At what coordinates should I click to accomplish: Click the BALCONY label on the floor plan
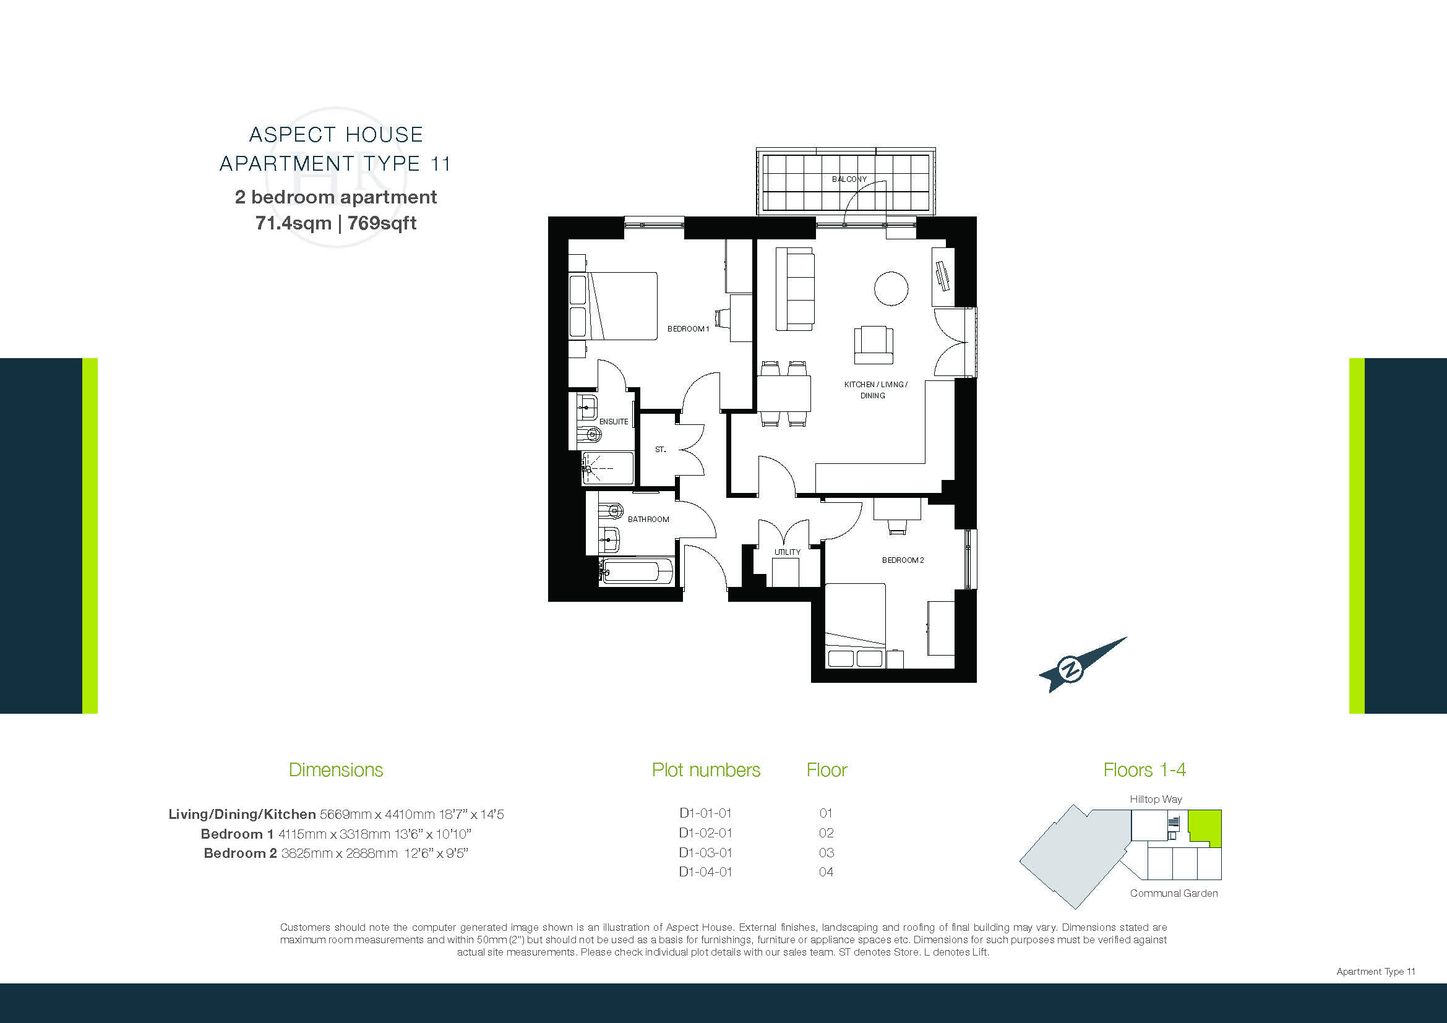tap(849, 179)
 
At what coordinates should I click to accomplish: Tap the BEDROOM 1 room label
tap(688, 329)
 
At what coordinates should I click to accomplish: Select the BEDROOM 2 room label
tap(903, 560)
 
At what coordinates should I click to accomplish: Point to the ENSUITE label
tap(613, 421)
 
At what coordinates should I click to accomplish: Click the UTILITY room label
tap(787, 552)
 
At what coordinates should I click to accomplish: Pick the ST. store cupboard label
tap(660, 450)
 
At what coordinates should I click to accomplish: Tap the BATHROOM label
tap(648, 519)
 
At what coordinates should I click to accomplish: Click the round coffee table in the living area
tap(891, 288)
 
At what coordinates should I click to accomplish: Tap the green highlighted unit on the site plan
tap(1204, 828)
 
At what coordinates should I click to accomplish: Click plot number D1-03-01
tap(705, 852)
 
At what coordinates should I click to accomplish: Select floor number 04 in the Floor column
tap(827, 872)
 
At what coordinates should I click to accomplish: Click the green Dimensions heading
tap(336, 770)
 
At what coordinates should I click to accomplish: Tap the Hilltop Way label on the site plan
tap(1156, 799)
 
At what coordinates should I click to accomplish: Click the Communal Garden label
tap(1174, 893)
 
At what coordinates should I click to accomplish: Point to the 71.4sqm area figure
tap(293, 223)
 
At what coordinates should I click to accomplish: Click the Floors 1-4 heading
tap(1144, 770)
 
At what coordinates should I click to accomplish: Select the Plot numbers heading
tap(706, 770)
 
